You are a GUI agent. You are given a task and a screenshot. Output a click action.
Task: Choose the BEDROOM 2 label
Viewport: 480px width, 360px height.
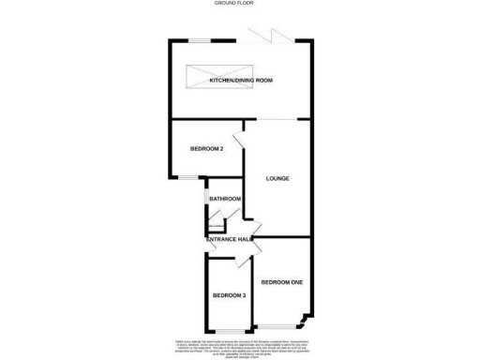click(206, 148)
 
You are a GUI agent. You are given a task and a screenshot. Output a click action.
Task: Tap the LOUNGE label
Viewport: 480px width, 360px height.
click(277, 178)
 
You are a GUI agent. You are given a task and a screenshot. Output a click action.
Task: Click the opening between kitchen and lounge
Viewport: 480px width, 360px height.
click(276, 120)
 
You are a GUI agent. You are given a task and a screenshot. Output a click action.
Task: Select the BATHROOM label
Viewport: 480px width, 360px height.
click(225, 199)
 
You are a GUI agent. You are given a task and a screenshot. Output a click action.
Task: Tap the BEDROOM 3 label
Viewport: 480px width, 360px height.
click(228, 296)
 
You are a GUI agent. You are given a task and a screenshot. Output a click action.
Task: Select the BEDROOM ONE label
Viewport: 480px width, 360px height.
click(281, 282)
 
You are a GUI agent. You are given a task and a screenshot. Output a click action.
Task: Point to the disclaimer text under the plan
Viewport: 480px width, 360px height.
click(241, 346)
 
